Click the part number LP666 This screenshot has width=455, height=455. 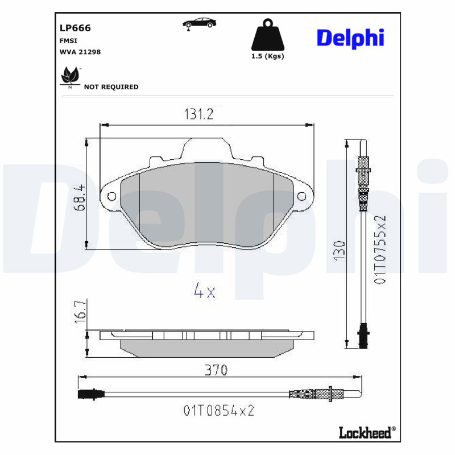click(75, 28)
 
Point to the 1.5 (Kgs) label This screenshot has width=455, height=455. click(267, 56)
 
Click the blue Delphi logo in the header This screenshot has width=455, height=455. click(350, 38)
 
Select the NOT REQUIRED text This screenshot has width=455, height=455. click(111, 87)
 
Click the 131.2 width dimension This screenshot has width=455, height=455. click(198, 114)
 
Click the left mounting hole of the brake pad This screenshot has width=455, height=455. click(111, 197)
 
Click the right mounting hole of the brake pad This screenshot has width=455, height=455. click(301, 197)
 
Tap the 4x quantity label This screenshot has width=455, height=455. click(204, 292)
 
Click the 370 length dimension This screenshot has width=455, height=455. click(216, 370)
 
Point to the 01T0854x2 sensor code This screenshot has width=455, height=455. click(218, 410)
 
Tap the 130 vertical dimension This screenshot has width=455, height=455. click(339, 251)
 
